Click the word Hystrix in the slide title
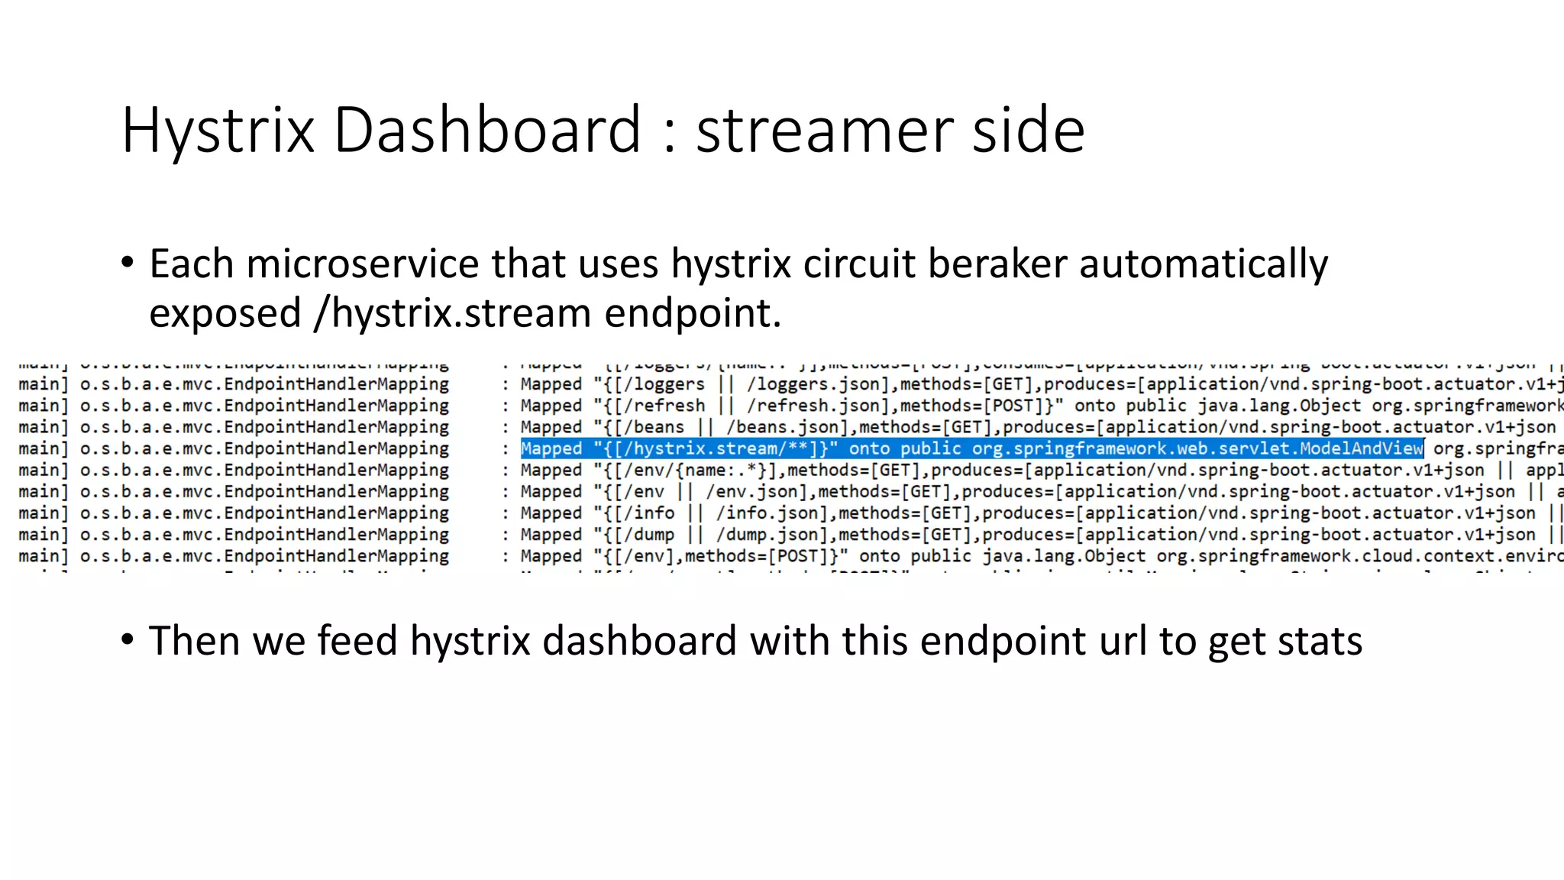click(218, 131)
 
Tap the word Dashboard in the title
click(487, 131)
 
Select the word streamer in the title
click(823, 131)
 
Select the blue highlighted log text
click(971, 448)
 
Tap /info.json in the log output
click(772, 513)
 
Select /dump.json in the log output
click(772, 534)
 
